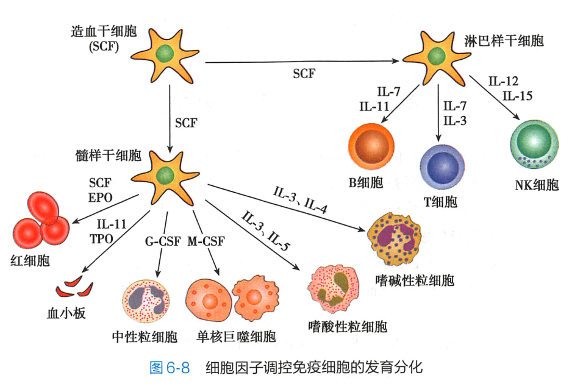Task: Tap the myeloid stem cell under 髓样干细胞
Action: click(163, 177)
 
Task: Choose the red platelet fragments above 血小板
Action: click(74, 286)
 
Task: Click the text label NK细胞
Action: click(536, 185)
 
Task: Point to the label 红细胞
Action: click(30, 260)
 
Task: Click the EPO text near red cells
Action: click(101, 196)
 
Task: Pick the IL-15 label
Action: click(517, 95)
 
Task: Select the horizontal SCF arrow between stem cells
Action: click(303, 61)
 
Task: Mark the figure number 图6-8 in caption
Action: click(170, 368)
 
